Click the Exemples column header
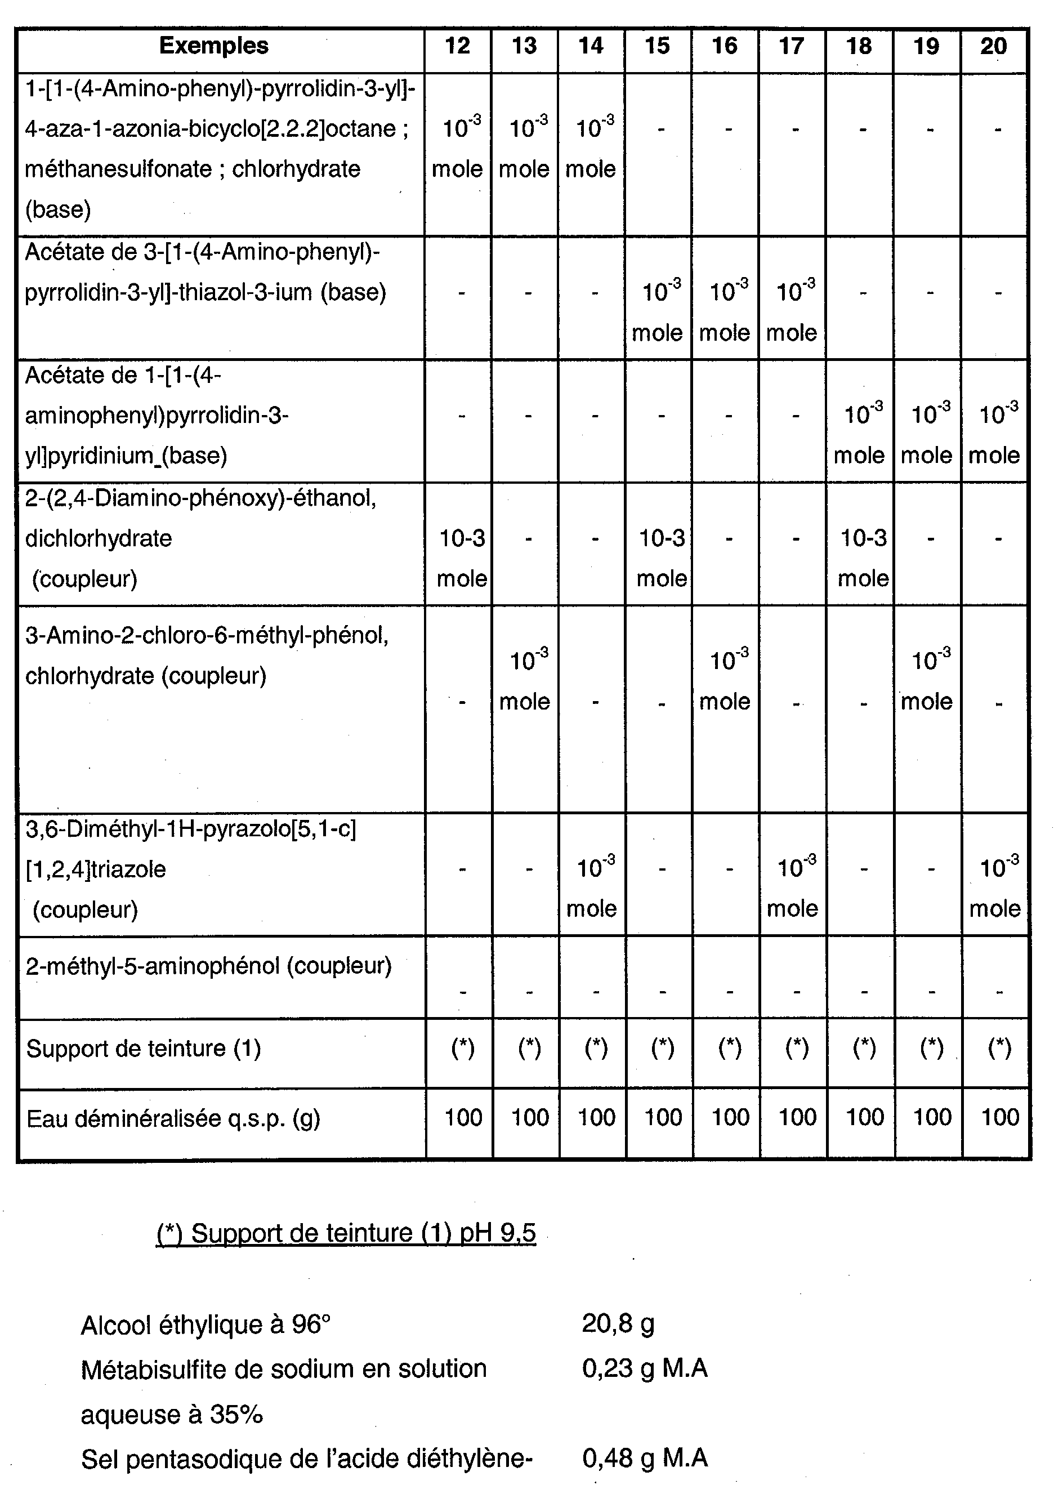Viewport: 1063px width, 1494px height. coord(213,46)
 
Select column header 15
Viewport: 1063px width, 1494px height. coord(657,46)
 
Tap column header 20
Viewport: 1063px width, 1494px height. coord(993,46)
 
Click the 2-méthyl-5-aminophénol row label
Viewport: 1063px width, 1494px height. coord(208,966)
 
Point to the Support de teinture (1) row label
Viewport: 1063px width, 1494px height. coord(144,1048)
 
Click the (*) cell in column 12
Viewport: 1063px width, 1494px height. coord(462,1048)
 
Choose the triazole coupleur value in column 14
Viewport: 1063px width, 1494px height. coord(592,887)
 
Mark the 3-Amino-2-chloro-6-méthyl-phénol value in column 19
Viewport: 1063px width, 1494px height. coord(927,680)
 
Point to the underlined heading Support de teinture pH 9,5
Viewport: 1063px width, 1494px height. coord(346,1233)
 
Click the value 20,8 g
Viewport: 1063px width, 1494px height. coord(618,1324)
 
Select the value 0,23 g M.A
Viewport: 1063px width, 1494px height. coord(645,1368)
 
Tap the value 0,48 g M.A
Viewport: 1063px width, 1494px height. coord(645,1458)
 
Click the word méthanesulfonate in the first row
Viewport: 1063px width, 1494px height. coord(118,169)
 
